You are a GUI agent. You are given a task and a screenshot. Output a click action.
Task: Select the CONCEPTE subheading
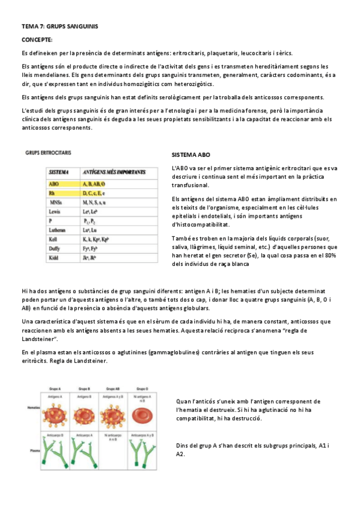coord(37,40)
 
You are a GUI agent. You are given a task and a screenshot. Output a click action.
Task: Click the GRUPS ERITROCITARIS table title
coord(49,153)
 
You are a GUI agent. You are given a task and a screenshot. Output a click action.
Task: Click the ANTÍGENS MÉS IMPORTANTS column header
coord(115,172)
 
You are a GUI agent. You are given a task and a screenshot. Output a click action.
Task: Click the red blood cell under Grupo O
coord(141,413)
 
